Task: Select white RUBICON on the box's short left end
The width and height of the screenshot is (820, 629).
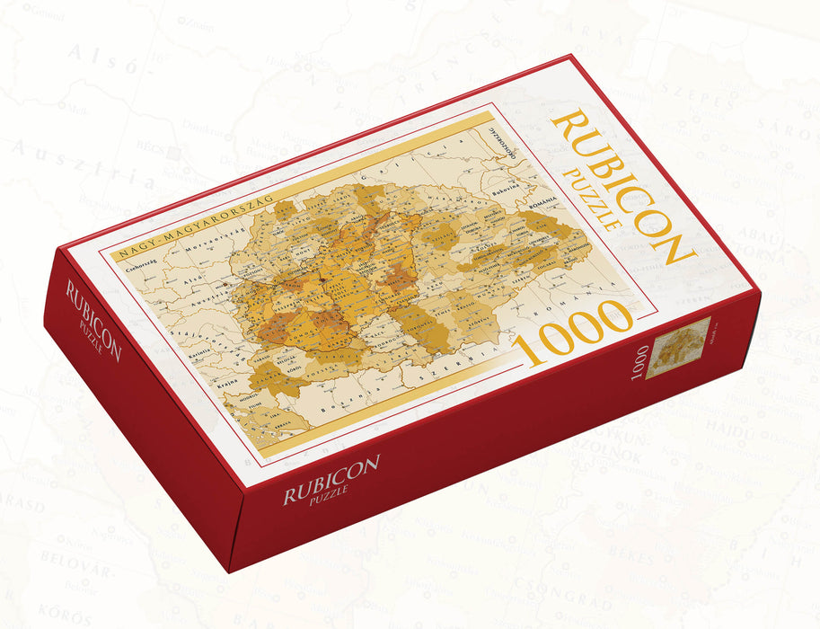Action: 93,320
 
